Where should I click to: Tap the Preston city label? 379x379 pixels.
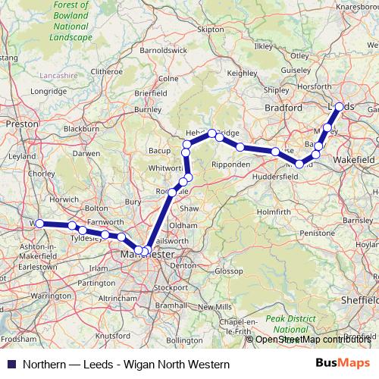[17, 122]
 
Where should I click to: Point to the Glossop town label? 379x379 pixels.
[227, 271]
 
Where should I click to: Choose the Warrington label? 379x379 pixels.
[52, 295]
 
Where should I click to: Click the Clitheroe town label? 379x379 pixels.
[106, 71]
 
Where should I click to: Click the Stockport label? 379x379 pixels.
[171, 288]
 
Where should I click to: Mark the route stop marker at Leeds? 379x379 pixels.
[340, 106]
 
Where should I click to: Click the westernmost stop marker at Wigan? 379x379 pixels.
[38, 224]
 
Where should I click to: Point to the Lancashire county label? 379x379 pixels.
[58, 76]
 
